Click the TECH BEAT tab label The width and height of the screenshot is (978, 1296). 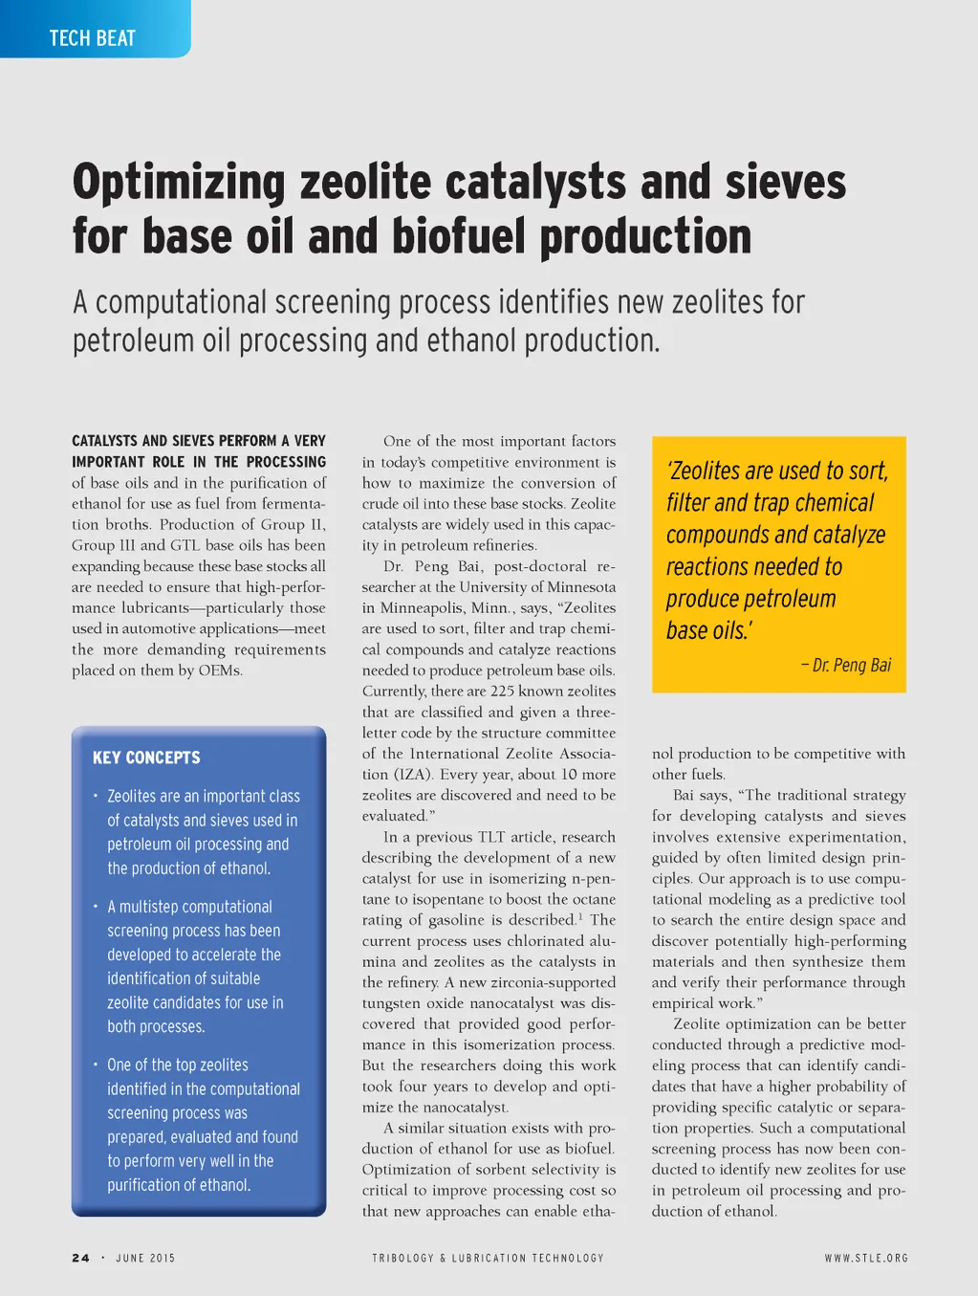(x=93, y=38)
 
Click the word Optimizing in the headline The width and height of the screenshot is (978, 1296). (x=179, y=182)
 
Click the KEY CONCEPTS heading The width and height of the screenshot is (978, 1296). (x=146, y=758)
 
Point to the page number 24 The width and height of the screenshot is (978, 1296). (x=80, y=1258)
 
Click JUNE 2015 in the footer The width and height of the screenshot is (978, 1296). (x=145, y=1258)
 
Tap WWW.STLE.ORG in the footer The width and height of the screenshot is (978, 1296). (x=866, y=1258)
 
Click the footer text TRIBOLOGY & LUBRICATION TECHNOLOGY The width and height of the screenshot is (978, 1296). (x=488, y=1258)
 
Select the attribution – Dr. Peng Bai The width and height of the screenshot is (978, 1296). (x=846, y=665)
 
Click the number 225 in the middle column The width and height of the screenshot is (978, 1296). (x=502, y=691)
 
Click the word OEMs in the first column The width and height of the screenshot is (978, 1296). (x=220, y=670)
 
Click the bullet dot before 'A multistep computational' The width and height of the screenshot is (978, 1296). (x=96, y=906)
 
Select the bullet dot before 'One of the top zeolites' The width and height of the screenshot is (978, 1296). (x=96, y=1064)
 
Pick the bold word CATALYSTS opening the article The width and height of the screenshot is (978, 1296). (x=104, y=441)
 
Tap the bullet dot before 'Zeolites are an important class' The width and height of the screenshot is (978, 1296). (x=96, y=795)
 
